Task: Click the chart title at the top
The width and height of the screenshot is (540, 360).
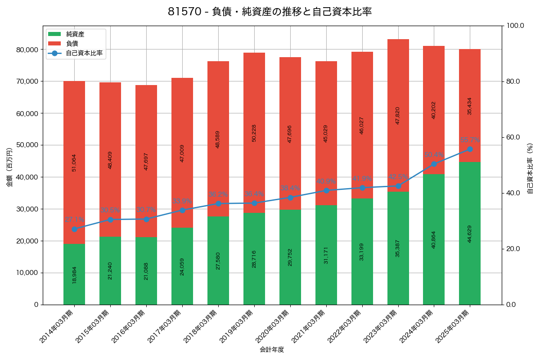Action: click(x=270, y=12)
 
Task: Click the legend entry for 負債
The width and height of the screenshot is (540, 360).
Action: click(x=72, y=44)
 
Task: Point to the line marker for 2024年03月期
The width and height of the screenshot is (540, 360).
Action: click(x=434, y=164)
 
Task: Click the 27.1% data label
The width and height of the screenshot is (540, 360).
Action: click(x=74, y=220)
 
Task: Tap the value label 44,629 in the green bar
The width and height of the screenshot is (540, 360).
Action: click(x=470, y=234)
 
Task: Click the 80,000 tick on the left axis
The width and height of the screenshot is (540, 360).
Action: click(x=27, y=49)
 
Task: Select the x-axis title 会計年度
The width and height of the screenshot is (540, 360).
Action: click(x=272, y=350)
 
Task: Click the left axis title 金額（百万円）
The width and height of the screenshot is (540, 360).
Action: click(x=9, y=167)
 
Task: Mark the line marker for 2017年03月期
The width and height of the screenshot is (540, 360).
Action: click(x=182, y=210)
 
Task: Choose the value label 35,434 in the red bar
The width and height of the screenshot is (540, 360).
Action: click(x=470, y=106)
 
